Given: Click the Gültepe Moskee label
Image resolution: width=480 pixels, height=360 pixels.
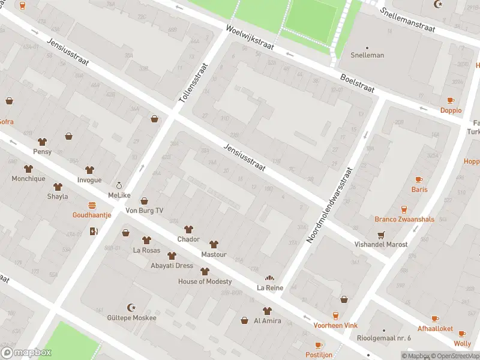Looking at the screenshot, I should click(131, 317).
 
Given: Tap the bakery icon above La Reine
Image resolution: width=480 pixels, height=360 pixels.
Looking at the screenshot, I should click(270, 278).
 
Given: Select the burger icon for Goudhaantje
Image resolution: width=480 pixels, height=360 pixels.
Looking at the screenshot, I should click(92, 205).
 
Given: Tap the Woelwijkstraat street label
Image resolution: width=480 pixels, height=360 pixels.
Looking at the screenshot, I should click(250, 38).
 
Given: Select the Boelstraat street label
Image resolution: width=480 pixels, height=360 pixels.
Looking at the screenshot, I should click(357, 83).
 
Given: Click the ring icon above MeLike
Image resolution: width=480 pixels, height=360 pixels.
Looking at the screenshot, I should click(119, 185).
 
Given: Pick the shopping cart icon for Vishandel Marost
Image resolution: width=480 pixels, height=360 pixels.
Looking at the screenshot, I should click(380, 235).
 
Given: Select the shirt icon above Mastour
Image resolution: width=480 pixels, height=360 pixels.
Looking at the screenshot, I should click(214, 244).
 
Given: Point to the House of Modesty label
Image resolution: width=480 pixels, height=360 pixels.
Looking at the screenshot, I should click(205, 281).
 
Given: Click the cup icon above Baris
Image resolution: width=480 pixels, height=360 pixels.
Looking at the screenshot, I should click(419, 179).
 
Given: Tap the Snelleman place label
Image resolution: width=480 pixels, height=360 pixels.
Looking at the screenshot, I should click(367, 55).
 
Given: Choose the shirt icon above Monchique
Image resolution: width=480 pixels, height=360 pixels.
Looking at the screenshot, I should click(28, 169).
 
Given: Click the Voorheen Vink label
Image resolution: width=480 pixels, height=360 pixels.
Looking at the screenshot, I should click(335, 325).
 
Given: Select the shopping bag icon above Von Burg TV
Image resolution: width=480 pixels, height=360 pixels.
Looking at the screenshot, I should click(144, 201).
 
